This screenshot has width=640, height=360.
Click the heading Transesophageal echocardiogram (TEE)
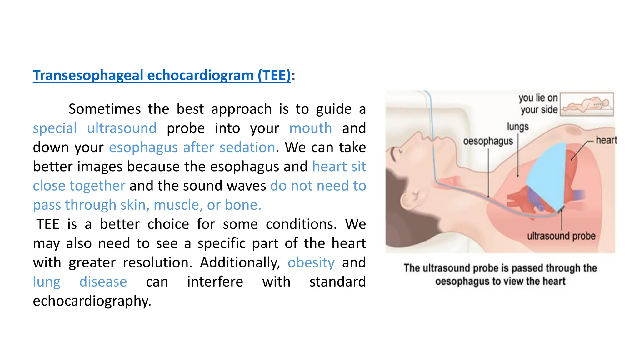click(x=162, y=75)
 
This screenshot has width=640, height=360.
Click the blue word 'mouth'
click(x=310, y=128)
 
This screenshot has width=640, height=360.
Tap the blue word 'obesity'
click(x=311, y=262)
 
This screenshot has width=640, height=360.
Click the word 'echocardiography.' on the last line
click(x=92, y=301)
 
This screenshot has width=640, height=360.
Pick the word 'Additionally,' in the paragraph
click(x=240, y=262)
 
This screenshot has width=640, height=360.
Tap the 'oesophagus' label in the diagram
click(x=488, y=141)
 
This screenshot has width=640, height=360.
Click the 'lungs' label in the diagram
click(x=517, y=127)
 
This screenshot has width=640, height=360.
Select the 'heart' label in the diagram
click(x=606, y=140)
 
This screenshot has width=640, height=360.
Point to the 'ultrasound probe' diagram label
click(x=561, y=236)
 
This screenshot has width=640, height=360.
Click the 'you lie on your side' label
click(x=538, y=104)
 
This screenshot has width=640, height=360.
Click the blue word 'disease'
click(x=103, y=282)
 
